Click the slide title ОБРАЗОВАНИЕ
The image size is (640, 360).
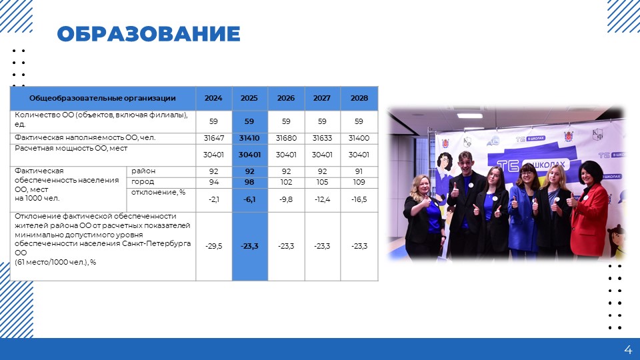click(x=149, y=34)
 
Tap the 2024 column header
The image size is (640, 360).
click(x=213, y=98)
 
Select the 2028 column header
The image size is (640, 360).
click(x=359, y=98)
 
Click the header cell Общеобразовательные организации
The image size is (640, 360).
click(x=103, y=98)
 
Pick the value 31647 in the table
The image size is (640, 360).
click(x=214, y=138)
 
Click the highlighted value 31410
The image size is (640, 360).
click(x=249, y=138)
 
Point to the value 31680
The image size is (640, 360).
click(x=286, y=138)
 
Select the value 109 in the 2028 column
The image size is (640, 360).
click(x=359, y=182)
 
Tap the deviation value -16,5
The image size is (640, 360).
click(x=359, y=199)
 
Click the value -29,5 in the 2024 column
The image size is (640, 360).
click(x=214, y=246)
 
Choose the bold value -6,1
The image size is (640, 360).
click(x=249, y=199)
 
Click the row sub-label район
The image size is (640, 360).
click(x=143, y=171)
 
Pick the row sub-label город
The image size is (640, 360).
click(x=143, y=181)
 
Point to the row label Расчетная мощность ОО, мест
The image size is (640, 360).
click(x=71, y=148)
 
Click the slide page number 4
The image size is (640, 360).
click(x=628, y=350)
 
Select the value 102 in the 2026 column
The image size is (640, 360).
click(x=286, y=182)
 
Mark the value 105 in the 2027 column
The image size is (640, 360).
click(x=322, y=182)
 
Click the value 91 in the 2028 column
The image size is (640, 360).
click(x=359, y=171)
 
